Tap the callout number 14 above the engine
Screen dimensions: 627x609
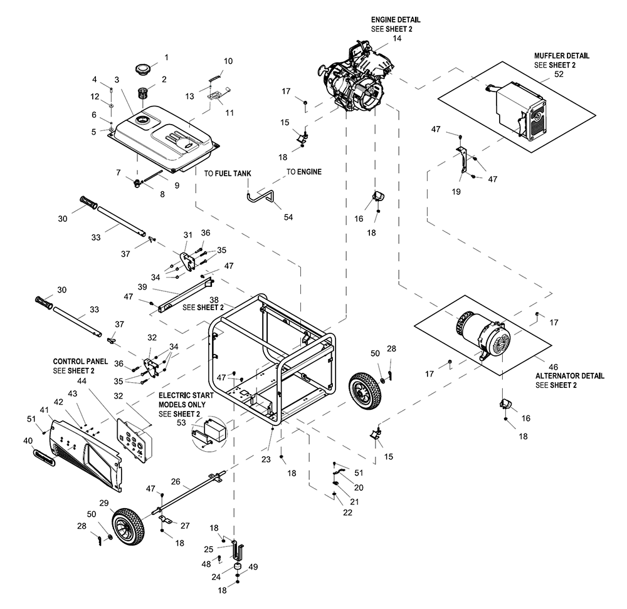(397, 38)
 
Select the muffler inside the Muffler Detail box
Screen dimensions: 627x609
(517, 110)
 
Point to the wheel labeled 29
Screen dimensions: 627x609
(128, 527)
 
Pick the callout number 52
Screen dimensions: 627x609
(559, 75)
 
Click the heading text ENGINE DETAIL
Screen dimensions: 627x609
(396, 19)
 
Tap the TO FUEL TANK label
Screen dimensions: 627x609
(228, 174)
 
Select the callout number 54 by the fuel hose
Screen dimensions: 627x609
(288, 217)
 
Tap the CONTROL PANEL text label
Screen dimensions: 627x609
(80, 362)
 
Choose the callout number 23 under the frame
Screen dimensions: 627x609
(266, 459)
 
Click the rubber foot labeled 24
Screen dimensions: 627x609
(238, 567)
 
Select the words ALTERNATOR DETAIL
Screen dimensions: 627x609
(570, 376)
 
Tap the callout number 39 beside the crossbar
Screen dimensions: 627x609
(142, 287)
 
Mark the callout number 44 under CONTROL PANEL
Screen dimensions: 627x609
(82, 381)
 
